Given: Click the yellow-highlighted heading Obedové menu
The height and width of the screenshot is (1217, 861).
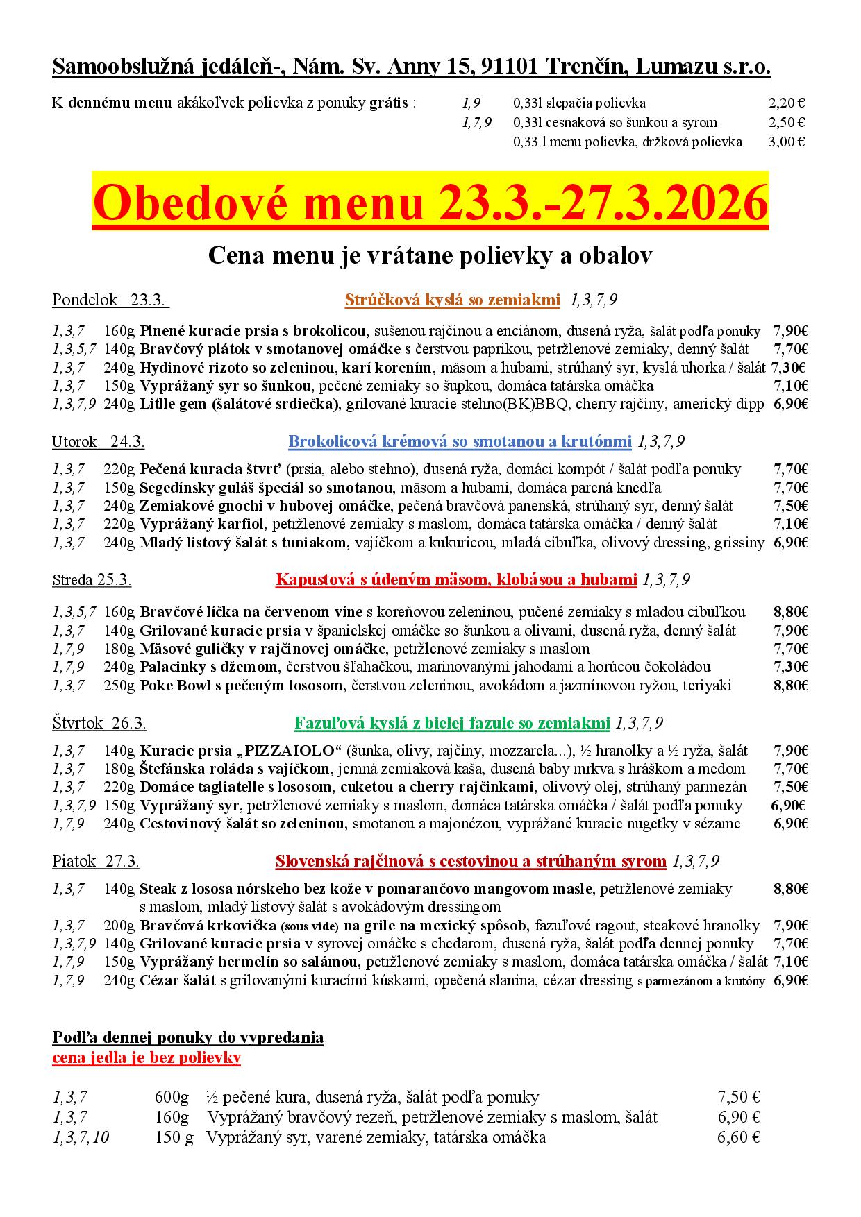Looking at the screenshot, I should (430, 203).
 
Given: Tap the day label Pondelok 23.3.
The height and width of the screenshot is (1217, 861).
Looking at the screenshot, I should (110, 300).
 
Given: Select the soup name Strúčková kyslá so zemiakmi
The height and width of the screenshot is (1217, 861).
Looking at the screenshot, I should (452, 300).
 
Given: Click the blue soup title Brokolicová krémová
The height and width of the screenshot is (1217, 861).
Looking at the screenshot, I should (460, 441).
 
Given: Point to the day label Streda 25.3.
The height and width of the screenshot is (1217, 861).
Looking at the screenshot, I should (92, 579).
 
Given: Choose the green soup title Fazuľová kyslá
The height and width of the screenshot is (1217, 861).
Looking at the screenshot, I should (452, 724).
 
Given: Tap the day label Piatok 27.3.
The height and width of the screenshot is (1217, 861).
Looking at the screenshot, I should (96, 862).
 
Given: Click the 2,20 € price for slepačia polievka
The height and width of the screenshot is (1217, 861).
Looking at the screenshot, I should (787, 103).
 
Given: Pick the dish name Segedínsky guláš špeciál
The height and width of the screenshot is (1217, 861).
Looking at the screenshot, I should (267, 487).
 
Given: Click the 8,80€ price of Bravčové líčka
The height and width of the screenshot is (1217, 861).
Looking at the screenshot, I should (790, 612).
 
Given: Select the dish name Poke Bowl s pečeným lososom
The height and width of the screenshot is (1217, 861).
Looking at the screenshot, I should (242, 686).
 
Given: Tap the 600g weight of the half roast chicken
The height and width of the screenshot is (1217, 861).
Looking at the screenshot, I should (172, 1097).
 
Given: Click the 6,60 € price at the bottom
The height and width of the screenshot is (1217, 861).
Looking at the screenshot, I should (739, 1137).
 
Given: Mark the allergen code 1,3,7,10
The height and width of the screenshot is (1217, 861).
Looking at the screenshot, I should (81, 1137).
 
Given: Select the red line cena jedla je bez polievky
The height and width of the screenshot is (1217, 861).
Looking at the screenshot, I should (147, 1057).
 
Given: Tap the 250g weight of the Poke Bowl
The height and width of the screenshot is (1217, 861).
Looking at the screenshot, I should (119, 686).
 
